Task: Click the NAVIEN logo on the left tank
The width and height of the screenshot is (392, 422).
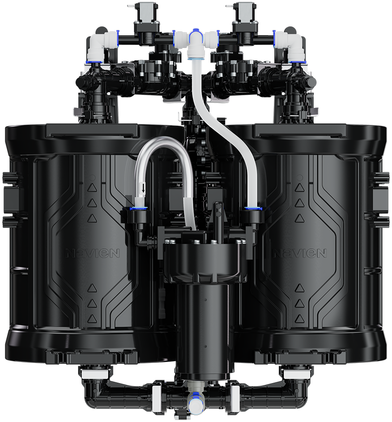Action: (92, 253)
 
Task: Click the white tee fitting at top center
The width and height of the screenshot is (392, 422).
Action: (196, 43)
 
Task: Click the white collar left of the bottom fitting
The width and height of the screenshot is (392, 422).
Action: (157, 396)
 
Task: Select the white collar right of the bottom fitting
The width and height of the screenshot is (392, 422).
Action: (235, 396)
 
